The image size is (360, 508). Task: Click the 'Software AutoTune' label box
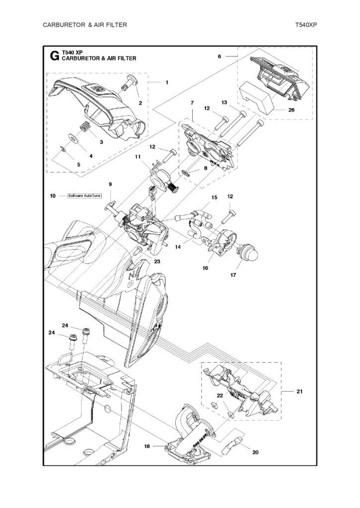pos(84,195)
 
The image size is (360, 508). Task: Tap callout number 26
pos(291,110)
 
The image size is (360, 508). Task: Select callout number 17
pos(233,275)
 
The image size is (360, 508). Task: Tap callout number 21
pos(299,391)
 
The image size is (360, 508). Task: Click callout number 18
pos(147,446)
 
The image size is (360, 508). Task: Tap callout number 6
pos(219,57)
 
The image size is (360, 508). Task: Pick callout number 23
pos(157,261)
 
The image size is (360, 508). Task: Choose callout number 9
pos(110,184)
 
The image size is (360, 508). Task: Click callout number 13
pos(224,102)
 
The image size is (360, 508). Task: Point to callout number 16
pos(205,268)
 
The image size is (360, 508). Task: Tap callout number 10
pos(53,195)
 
